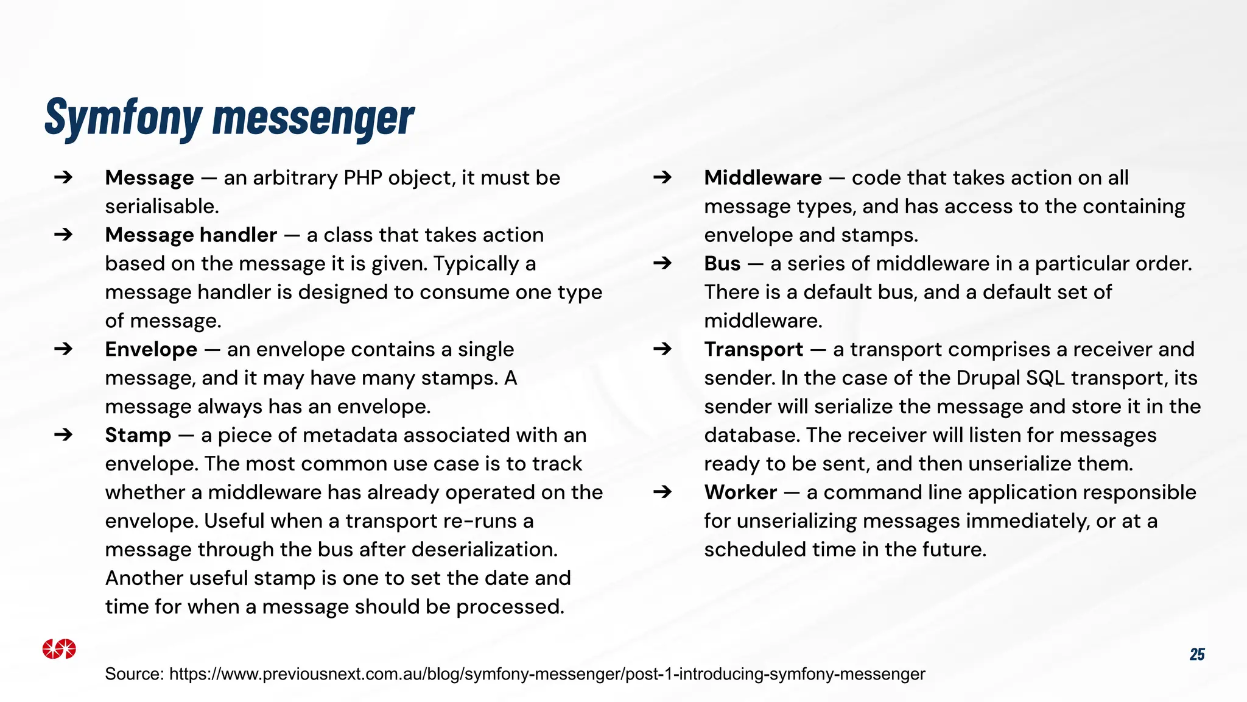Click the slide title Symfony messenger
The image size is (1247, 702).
click(230, 118)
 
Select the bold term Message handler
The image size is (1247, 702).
click(191, 235)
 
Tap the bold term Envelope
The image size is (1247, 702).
click(151, 350)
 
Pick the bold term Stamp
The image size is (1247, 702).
click(138, 435)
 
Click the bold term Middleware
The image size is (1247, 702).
click(762, 178)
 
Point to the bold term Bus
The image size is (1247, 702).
click(722, 264)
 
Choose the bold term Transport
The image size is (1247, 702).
click(753, 350)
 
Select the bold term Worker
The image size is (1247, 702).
click(740, 492)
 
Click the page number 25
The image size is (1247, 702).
click(1196, 654)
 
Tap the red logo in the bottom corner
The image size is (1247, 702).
click(59, 649)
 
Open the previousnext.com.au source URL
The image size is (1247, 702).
click(547, 674)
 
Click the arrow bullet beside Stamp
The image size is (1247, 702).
click(63, 435)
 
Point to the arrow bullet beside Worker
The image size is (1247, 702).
click(662, 492)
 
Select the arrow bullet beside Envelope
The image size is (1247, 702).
click(63, 349)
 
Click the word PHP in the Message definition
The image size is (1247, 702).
click(363, 178)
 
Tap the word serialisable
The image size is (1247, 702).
click(161, 207)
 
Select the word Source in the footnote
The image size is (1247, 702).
click(134, 674)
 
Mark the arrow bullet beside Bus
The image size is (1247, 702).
click(662, 263)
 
